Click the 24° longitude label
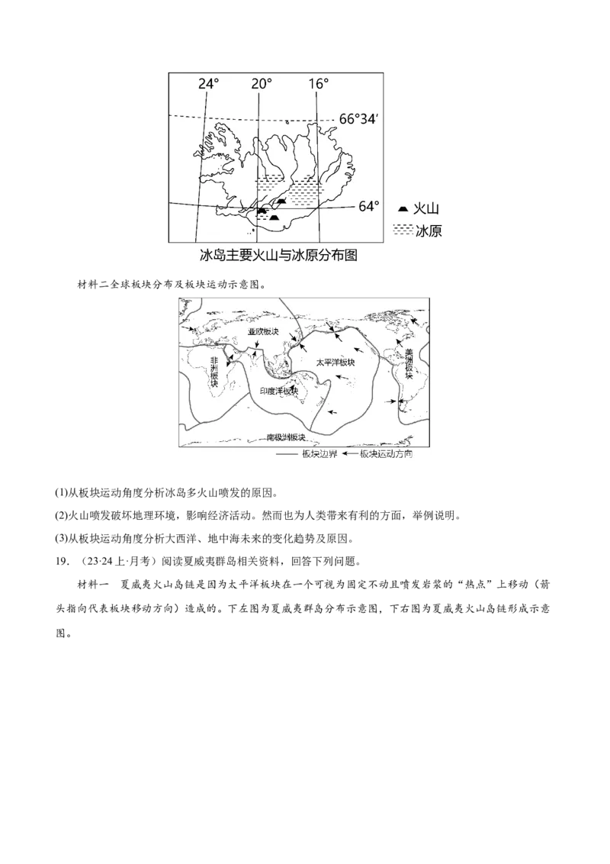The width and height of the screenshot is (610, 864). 208,84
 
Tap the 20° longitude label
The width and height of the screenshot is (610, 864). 261,84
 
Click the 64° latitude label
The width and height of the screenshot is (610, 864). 369,206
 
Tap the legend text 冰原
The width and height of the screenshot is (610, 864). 429,231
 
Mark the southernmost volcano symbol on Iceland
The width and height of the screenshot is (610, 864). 274,218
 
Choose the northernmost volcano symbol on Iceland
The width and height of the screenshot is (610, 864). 281,200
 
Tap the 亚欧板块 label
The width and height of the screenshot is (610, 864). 264,332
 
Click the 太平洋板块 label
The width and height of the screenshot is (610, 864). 337,361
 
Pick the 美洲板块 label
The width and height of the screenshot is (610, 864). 409,364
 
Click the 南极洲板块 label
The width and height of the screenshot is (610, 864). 286,437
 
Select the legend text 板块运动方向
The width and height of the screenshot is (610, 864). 386,453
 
